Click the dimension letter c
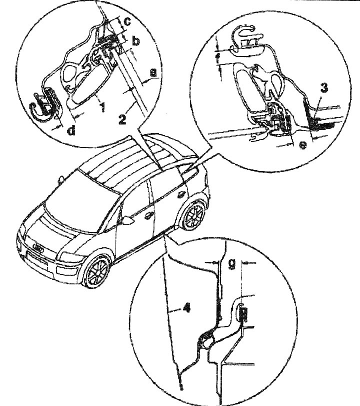(128, 21)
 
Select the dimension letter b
(135, 40)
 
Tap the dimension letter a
(153, 73)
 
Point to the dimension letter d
(72, 130)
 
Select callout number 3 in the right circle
(324, 88)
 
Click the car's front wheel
(96, 272)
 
